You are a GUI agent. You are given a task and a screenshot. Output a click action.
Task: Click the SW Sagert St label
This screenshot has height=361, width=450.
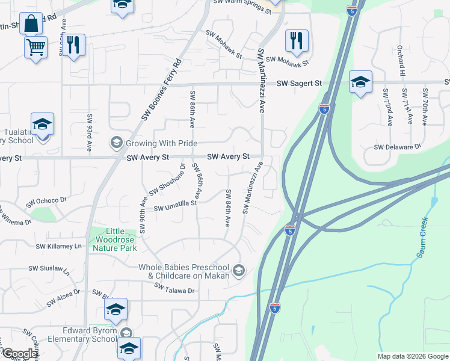[x=299, y=84]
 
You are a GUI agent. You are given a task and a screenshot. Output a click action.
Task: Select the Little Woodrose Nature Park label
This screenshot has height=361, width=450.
[x=113, y=239]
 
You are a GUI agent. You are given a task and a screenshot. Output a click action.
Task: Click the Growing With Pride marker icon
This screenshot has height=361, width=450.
[x=116, y=143]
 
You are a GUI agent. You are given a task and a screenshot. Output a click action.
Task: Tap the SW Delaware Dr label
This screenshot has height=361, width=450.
[x=397, y=147]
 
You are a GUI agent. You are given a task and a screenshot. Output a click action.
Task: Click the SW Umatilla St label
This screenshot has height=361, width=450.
[x=175, y=206]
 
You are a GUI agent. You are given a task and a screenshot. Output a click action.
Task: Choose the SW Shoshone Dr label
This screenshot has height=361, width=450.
[x=167, y=180]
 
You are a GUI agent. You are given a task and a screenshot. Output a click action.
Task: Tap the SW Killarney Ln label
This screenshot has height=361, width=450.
[x=58, y=246]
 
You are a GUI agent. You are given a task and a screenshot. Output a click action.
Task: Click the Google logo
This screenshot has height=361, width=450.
[x=19, y=354]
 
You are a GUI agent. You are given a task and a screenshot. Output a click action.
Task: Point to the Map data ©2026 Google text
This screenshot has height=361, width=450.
[x=412, y=356]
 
